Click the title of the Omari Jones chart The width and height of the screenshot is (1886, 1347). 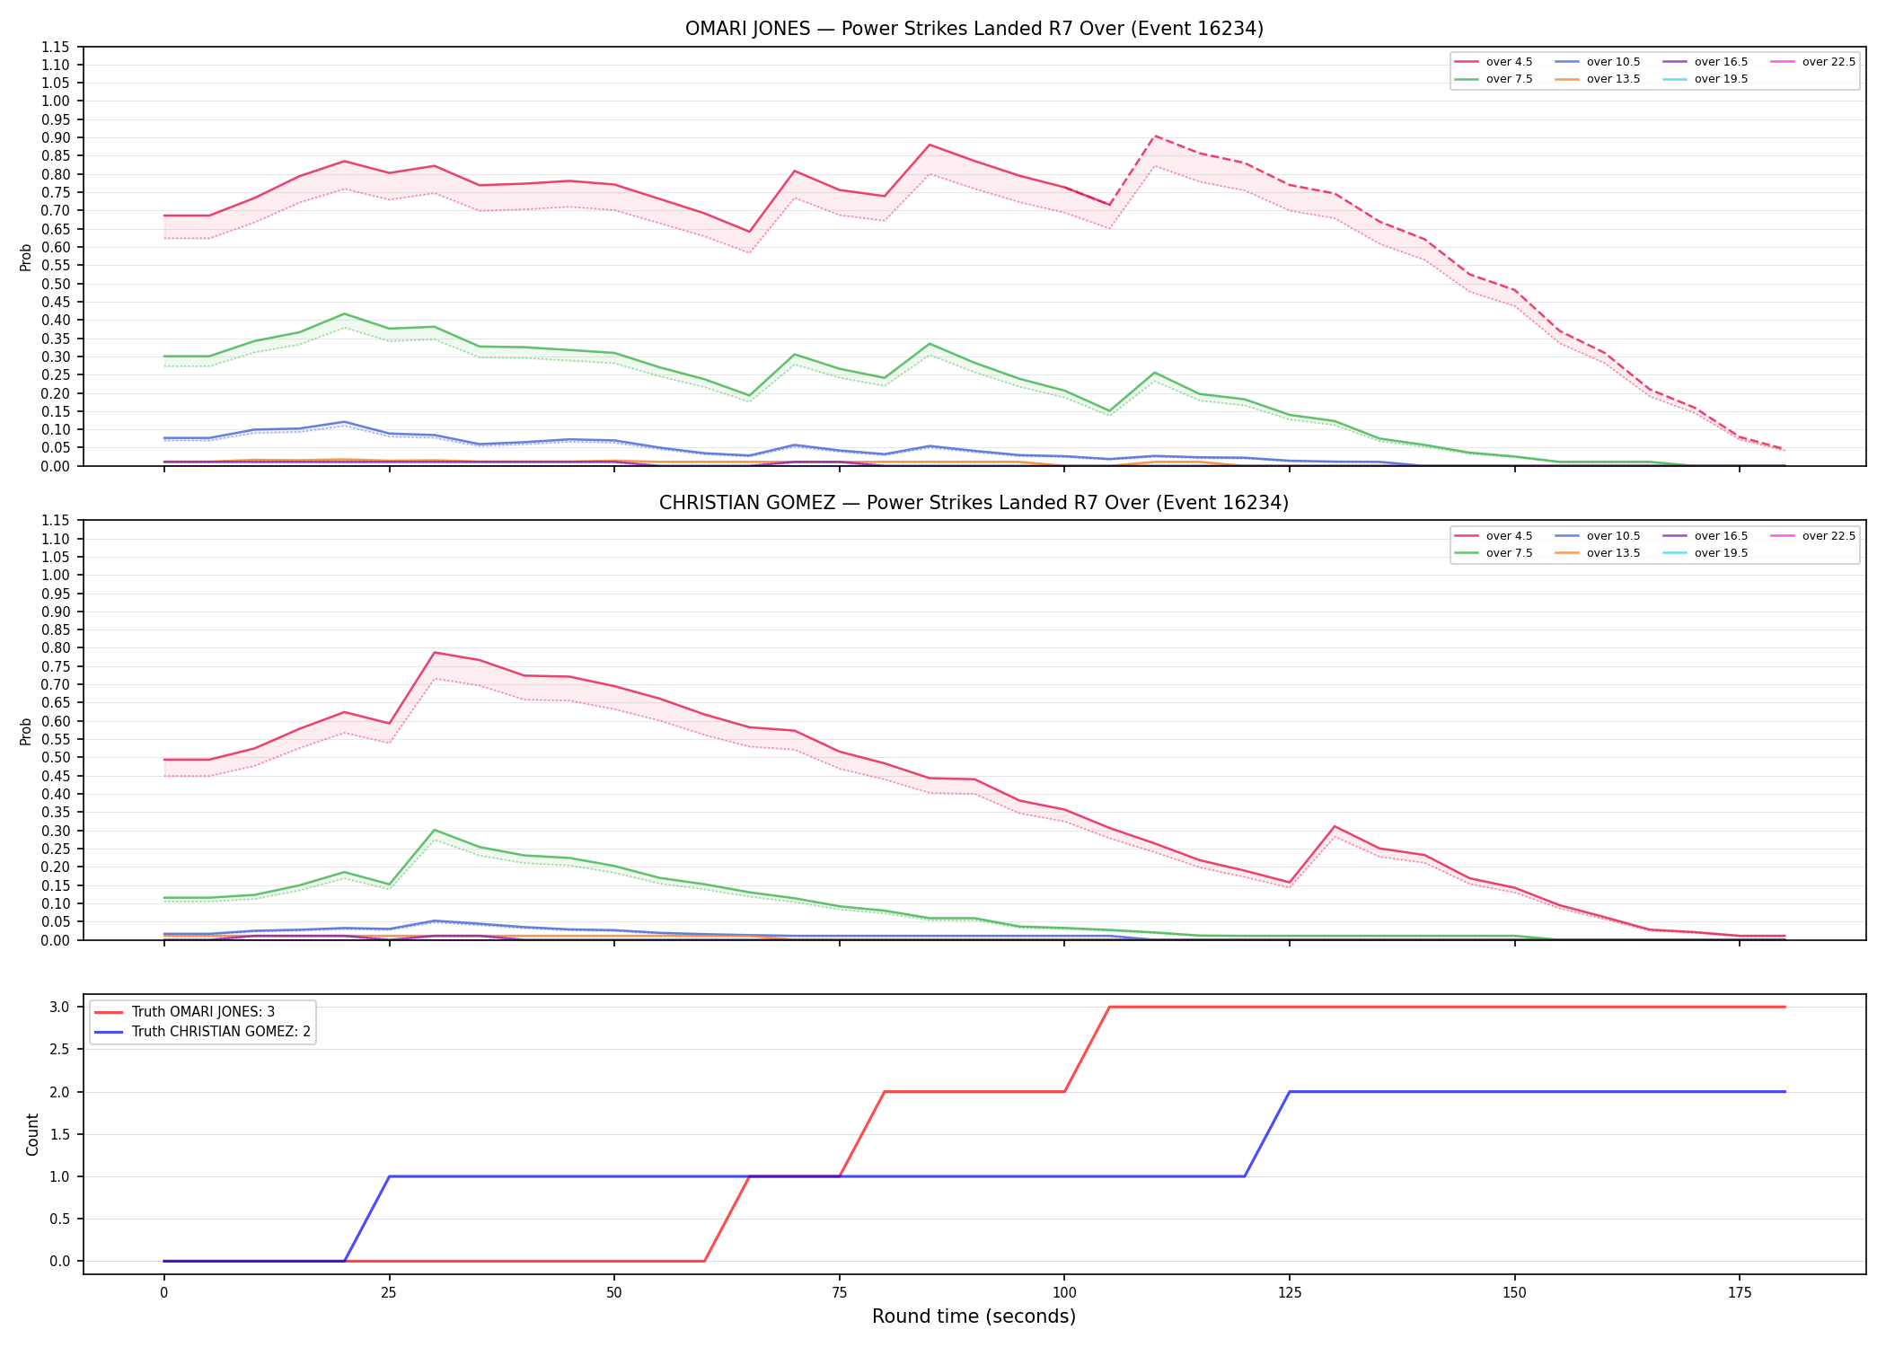coord(974,29)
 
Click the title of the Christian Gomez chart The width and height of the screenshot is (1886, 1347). coord(974,503)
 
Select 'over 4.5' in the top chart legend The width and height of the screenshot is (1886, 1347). coord(1509,62)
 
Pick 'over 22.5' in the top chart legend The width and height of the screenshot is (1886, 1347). coord(1829,62)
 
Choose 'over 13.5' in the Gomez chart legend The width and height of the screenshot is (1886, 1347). coord(1613,553)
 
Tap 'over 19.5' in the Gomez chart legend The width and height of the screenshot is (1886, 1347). coord(1721,553)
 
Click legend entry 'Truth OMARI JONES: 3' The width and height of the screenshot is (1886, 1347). coord(203,1012)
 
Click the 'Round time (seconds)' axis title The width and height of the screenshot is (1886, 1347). coord(974,1316)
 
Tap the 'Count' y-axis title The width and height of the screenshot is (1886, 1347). coord(32,1134)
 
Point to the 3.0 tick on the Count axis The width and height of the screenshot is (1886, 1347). coord(60,1008)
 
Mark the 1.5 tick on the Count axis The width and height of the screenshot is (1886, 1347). coord(60,1134)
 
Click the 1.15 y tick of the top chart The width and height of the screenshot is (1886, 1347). coord(56,47)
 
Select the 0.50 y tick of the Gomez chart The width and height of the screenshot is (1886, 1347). coord(56,757)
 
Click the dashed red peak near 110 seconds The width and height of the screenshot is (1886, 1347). coord(1154,136)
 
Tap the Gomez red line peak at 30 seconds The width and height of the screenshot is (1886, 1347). coord(434,653)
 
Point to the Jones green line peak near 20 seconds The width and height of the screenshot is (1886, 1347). coord(344,313)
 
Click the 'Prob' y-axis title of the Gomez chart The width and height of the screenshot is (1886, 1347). coord(26,731)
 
